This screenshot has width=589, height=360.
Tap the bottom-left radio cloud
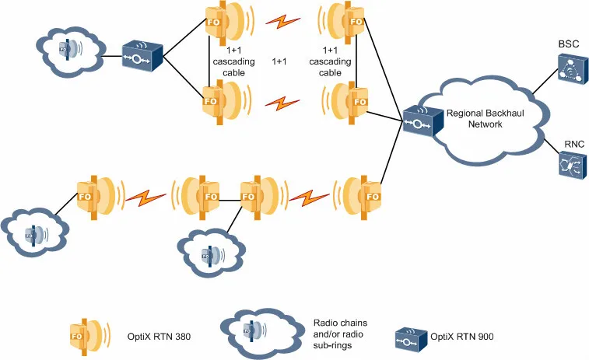(36, 231)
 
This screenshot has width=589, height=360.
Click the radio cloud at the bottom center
(212, 252)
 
